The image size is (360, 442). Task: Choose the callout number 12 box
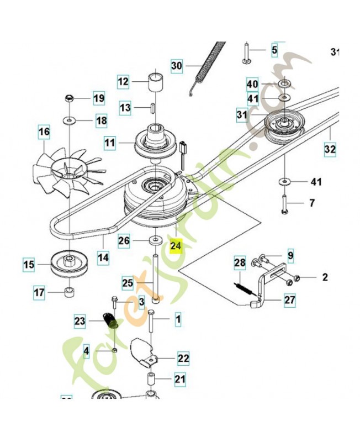pyautogui.click(x=123, y=82)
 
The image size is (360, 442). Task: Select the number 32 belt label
pyautogui.click(x=330, y=149)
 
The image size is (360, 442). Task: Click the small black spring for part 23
pyautogui.click(x=109, y=320)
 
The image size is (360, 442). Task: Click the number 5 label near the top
pyautogui.click(x=274, y=51)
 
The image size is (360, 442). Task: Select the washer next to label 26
pyautogui.click(x=155, y=240)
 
